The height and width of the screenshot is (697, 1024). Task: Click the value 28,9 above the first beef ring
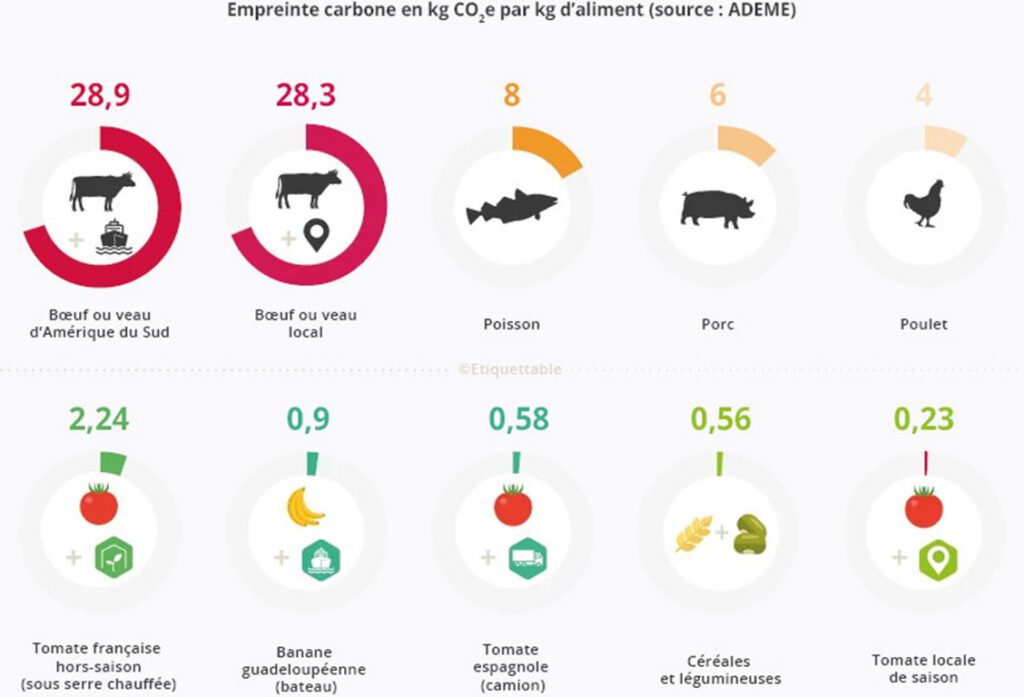point(100,96)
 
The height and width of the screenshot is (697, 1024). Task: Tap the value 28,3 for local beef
point(306,96)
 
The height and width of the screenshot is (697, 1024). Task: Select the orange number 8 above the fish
point(512,96)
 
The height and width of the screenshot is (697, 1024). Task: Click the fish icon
point(511,207)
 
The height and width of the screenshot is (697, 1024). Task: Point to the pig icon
point(717,208)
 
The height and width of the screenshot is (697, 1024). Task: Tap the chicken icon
point(924,203)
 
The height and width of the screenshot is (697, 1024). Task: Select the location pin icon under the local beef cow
point(318,237)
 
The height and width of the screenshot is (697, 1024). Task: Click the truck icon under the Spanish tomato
point(526,557)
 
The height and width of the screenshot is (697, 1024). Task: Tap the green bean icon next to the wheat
point(748,535)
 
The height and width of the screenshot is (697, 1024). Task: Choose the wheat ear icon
point(694,534)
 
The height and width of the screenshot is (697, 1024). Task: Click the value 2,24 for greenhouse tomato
point(99,419)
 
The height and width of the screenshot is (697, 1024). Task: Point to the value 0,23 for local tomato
point(924,419)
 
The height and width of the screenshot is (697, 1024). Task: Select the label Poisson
point(511,324)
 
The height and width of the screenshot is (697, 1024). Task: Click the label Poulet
point(923,324)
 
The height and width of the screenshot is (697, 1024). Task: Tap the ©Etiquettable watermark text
point(510,369)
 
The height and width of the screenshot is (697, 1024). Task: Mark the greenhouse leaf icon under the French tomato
point(114,558)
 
